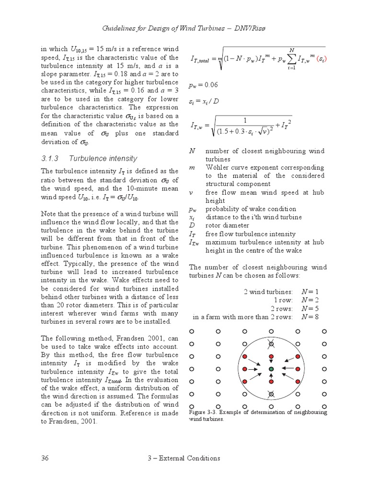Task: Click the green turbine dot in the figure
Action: tap(271, 369)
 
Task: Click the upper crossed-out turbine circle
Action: tap(271, 344)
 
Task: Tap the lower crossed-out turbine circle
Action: tap(271, 394)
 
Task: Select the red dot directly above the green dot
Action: tap(271, 357)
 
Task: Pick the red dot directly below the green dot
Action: tap(271, 382)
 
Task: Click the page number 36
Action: tap(46, 458)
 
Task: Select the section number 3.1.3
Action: tap(49, 158)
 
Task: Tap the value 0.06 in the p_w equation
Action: tap(210, 85)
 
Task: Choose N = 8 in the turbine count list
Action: tap(310, 316)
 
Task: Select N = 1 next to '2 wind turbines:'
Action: tap(310, 292)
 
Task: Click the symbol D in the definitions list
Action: tap(192, 225)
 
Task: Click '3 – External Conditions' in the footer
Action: tap(184, 458)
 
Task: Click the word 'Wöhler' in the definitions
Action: tap(218, 167)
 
